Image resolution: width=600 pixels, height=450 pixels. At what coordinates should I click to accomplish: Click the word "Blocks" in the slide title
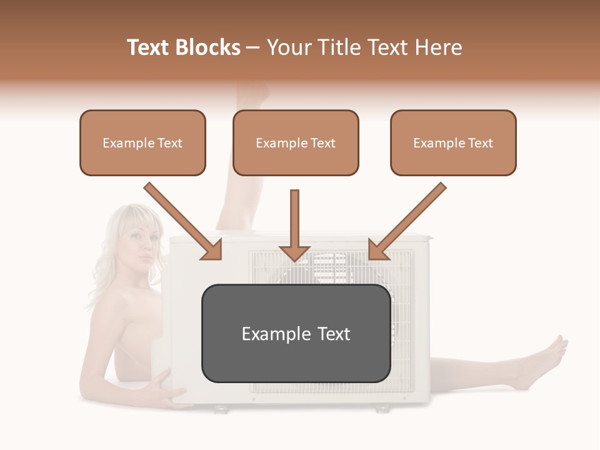(209, 47)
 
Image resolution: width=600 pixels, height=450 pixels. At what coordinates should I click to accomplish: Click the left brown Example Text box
(142, 143)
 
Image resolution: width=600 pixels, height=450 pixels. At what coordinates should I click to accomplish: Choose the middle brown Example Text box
(296, 143)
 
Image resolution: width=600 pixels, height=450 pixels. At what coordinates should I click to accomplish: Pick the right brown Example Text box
(453, 143)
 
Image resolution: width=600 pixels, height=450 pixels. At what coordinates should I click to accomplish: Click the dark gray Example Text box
(296, 334)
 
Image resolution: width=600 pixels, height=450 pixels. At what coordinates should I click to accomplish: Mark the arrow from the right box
(407, 221)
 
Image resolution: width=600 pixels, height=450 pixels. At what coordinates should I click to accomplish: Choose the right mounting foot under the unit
(381, 409)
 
